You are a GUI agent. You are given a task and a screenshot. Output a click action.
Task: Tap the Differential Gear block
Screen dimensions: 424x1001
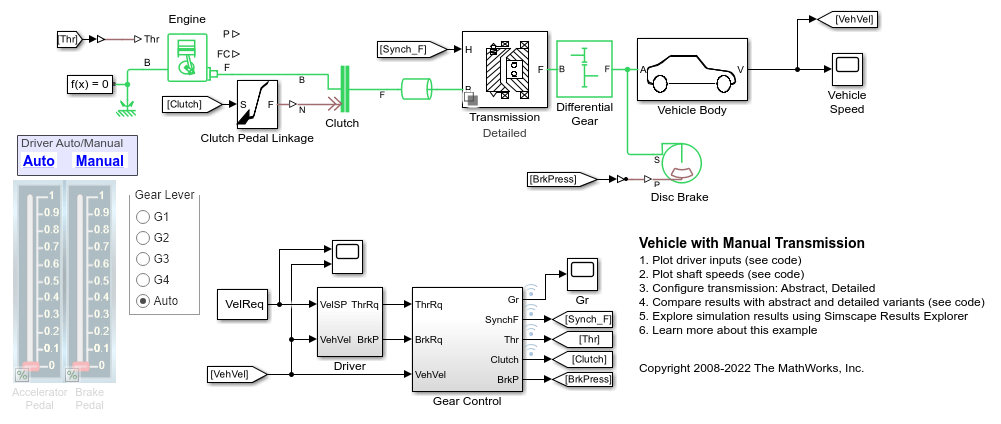(584, 69)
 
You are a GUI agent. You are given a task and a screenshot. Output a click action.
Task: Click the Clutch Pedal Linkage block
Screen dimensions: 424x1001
(256, 103)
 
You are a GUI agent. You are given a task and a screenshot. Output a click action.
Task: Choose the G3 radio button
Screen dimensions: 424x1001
(143, 259)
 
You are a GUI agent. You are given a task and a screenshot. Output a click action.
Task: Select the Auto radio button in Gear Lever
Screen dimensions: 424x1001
(143, 301)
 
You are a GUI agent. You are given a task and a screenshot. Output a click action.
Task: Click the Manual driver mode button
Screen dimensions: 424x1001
(100, 161)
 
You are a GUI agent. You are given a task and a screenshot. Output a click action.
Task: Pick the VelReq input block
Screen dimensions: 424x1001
(243, 305)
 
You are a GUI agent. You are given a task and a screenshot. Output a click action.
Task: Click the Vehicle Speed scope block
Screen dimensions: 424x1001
(846, 69)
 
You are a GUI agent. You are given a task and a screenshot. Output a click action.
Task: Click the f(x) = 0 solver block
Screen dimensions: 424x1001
(90, 83)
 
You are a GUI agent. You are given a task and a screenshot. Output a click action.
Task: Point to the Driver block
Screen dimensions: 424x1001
(349, 322)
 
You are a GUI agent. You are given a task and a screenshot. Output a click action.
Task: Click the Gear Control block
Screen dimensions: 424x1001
(467, 339)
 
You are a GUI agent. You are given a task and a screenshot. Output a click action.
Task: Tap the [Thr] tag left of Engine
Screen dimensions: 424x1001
(69, 40)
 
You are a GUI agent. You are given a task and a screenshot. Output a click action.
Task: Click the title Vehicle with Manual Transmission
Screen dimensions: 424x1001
(751, 243)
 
